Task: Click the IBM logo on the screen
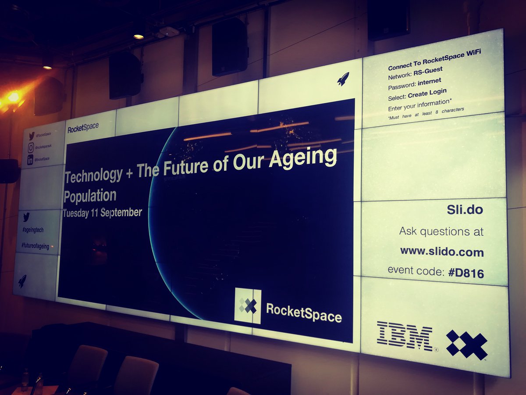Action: coord(404,336)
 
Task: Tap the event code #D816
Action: coord(466,273)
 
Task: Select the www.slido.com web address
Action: coord(441,252)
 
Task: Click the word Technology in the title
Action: coord(93,175)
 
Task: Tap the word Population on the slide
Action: coord(90,196)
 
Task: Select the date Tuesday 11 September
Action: coord(102,213)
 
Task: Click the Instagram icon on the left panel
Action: coord(31,148)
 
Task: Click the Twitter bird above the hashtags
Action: coord(26,216)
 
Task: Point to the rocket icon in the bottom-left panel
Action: coord(22,281)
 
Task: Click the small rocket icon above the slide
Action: coord(343,79)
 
